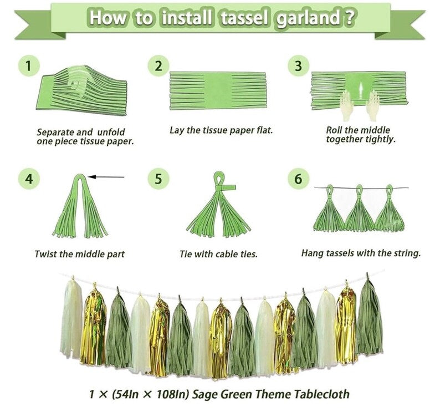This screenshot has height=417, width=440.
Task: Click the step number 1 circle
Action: point(29,67)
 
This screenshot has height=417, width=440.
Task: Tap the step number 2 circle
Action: point(158,67)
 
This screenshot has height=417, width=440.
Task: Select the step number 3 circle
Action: point(299,67)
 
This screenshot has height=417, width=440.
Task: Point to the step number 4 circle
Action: point(29,179)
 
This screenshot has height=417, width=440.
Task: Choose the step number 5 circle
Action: point(158,179)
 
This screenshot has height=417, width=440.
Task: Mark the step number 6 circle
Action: point(299,179)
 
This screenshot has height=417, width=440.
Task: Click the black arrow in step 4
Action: point(106,177)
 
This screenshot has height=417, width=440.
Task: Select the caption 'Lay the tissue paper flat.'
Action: point(221,130)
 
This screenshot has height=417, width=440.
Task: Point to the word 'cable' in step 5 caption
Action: point(218,254)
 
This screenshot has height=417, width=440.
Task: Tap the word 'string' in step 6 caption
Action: point(408,253)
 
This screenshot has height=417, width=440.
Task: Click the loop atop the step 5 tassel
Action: point(219,177)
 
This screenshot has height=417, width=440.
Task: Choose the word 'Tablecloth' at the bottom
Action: point(322,394)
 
